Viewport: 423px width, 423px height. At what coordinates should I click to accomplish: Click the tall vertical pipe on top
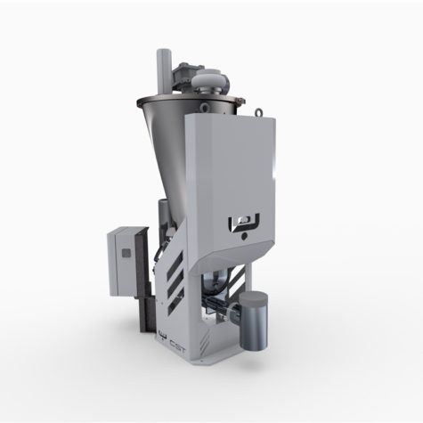[164, 72]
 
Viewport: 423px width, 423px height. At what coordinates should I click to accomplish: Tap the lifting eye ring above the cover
[259, 112]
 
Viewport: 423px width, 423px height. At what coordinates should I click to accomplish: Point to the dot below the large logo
[244, 237]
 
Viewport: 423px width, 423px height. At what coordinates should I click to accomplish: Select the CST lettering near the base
[178, 346]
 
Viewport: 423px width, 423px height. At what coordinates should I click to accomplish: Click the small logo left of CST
[163, 336]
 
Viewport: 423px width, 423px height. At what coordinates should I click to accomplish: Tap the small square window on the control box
[126, 253]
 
